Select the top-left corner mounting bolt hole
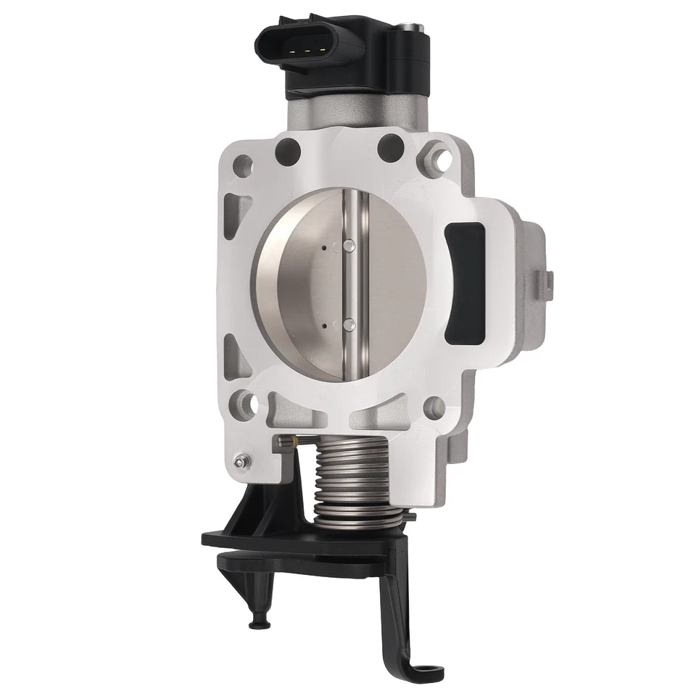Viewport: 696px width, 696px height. (244, 163)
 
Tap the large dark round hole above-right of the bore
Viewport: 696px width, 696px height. (390, 147)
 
